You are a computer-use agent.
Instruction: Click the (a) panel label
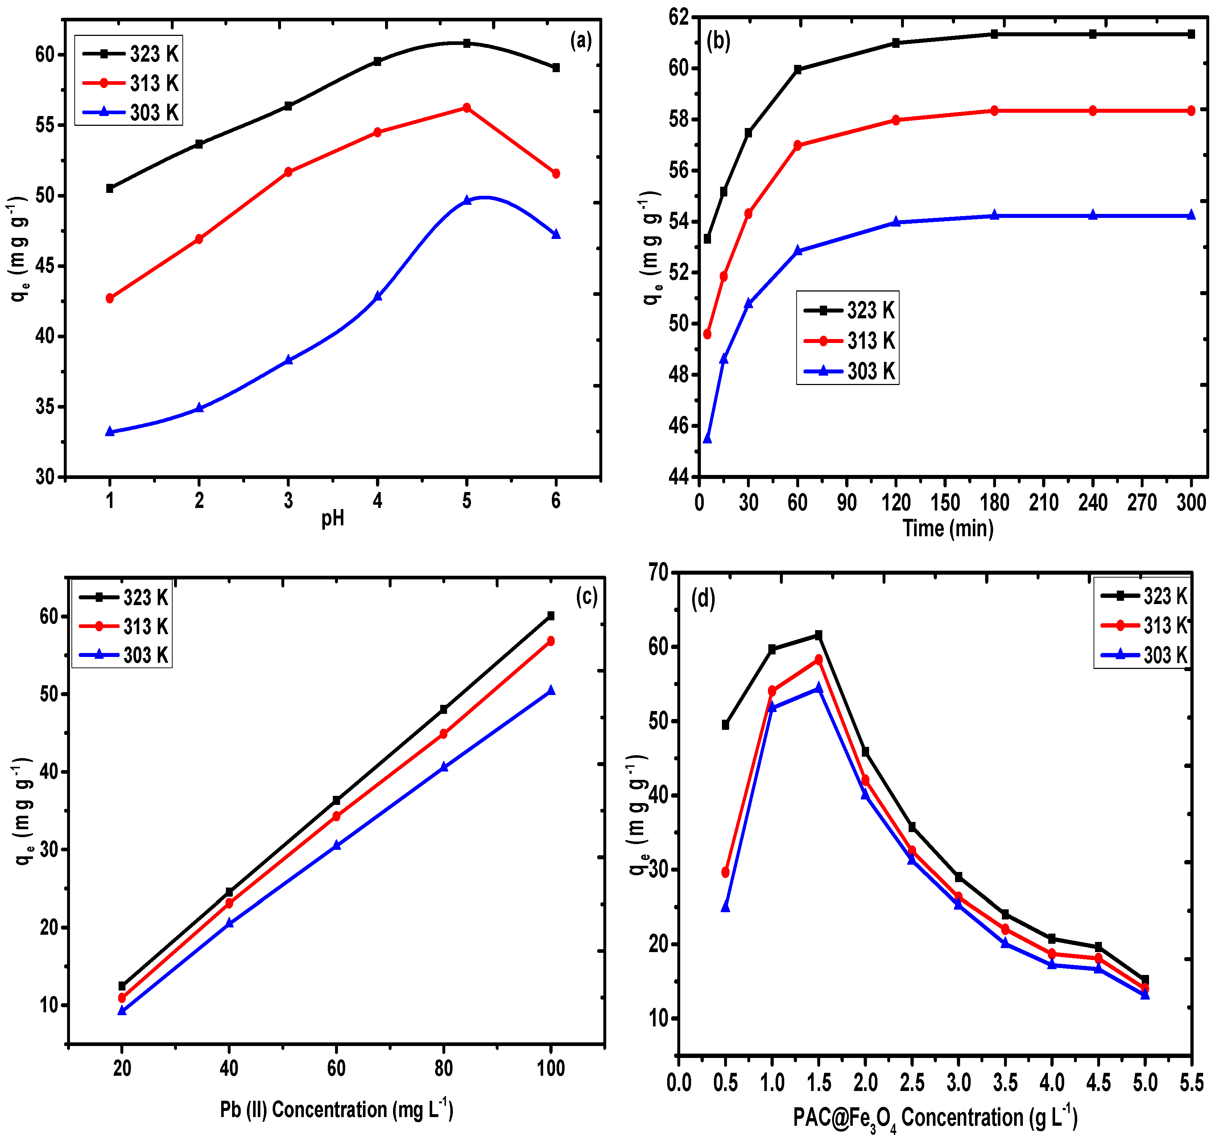581,41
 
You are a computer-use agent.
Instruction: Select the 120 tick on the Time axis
896,503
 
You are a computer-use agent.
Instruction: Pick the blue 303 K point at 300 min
1191,215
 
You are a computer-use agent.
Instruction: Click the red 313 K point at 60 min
798,145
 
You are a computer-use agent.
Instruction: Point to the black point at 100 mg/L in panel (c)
551,616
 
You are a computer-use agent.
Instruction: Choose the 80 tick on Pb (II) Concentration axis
443,1068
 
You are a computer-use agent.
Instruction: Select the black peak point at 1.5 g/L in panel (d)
818,634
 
